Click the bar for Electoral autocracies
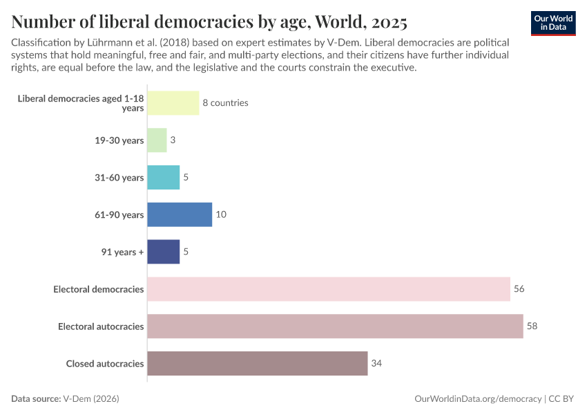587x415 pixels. pos(335,326)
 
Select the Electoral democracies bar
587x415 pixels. pos(329,288)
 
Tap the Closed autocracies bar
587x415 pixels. pos(258,363)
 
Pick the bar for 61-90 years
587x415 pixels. pos(180,214)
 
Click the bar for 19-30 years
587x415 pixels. pos(157,140)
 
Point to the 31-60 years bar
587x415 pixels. pos(164,177)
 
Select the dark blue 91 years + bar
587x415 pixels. pos(164,252)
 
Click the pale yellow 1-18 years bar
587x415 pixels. pos(173,102)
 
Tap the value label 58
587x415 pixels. pos(532,326)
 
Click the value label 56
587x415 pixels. pos(519,288)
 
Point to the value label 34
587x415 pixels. pos(376,363)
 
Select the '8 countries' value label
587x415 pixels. pos(225,102)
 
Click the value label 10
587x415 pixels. pos(221,214)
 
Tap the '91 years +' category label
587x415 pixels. pos(122,252)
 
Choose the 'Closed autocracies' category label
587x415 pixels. pos(105,363)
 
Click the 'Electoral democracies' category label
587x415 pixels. pos(99,288)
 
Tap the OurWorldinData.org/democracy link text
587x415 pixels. pos(478,399)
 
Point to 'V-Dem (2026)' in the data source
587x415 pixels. pos(95,399)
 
